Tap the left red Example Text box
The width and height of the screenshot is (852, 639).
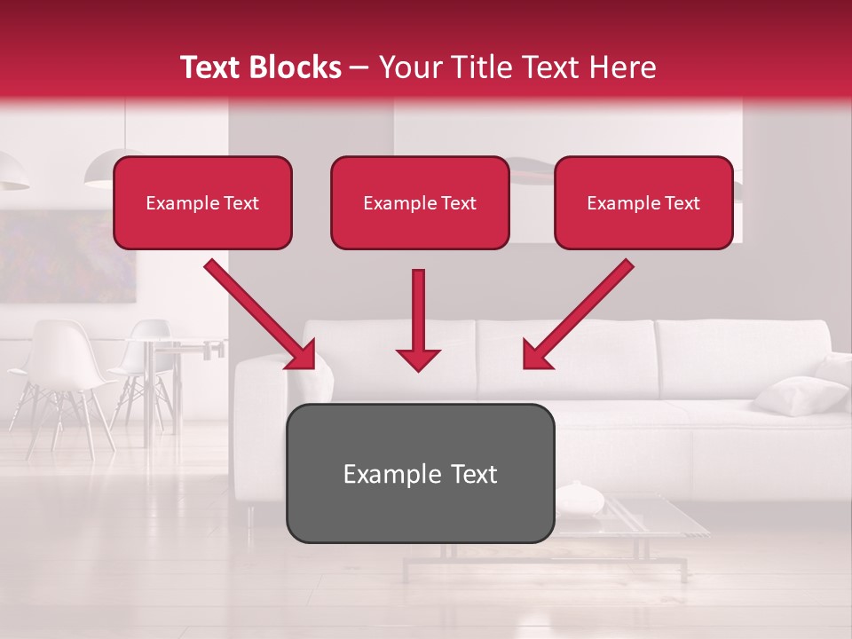pyautogui.click(x=202, y=203)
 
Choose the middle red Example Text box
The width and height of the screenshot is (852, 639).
pyautogui.click(x=420, y=203)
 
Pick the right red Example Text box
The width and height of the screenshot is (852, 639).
pyautogui.click(x=643, y=203)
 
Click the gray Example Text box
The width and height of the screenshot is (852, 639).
pyautogui.click(x=420, y=474)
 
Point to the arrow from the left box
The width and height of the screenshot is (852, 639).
pyautogui.click(x=259, y=314)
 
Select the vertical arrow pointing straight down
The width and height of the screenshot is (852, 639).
pyautogui.click(x=418, y=319)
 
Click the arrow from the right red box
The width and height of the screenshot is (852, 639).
pyautogui.click(x=579, y=314)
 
